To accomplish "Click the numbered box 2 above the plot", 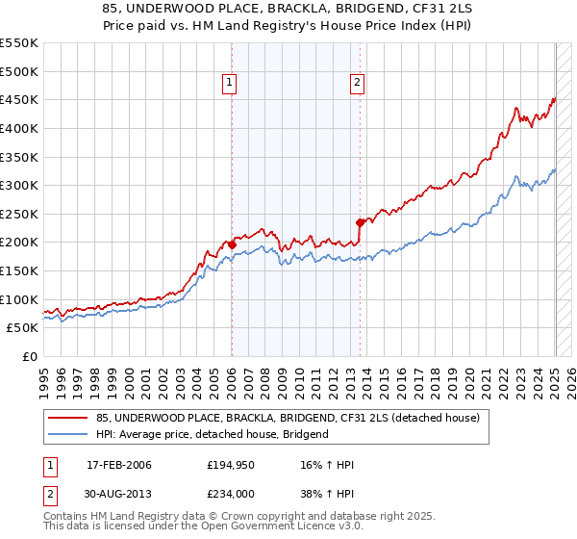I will pyautogui.click(x=357, y=83).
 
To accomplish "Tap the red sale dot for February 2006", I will pyautogui.click(x=232, y=244).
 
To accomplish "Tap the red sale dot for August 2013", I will pyautogui.click(x=360, y=222).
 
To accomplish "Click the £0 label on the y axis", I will pyautogui.click(x=30, y=356).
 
